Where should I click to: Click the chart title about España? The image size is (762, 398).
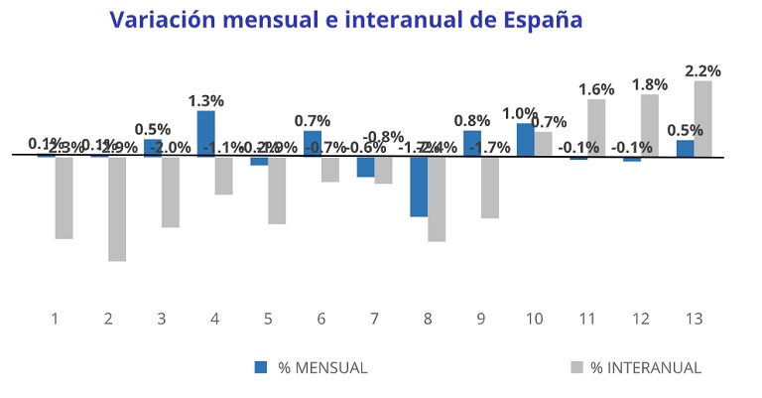(345, 20)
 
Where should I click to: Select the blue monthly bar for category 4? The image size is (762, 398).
(206, 133)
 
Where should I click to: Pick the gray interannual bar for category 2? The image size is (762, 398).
(117, 208)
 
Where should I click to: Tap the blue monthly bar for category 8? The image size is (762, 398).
(419, 187)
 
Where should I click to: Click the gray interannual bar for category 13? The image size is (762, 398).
(703, 118)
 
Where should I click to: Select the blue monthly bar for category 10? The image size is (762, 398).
(526, 139)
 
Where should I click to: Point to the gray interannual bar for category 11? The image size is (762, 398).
(596, 127)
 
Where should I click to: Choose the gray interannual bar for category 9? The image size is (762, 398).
(489, 188)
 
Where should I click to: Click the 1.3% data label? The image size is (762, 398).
(206, 100)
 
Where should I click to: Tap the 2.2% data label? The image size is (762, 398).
(703, 70)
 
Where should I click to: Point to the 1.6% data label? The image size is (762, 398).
(596, 89)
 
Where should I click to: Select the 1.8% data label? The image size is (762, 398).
(650, 84)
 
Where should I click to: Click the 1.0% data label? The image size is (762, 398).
(520, 113)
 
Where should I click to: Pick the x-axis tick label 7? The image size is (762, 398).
(374, 319)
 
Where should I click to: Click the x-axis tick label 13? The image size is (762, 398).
(696, 319)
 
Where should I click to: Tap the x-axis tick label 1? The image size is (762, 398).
(55, 319)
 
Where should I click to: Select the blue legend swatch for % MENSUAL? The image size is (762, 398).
(262, 366)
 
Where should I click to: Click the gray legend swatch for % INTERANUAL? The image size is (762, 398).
(576, 366)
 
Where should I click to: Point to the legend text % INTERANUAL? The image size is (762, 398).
(646, 367)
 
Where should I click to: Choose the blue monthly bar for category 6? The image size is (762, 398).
(313, 144)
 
